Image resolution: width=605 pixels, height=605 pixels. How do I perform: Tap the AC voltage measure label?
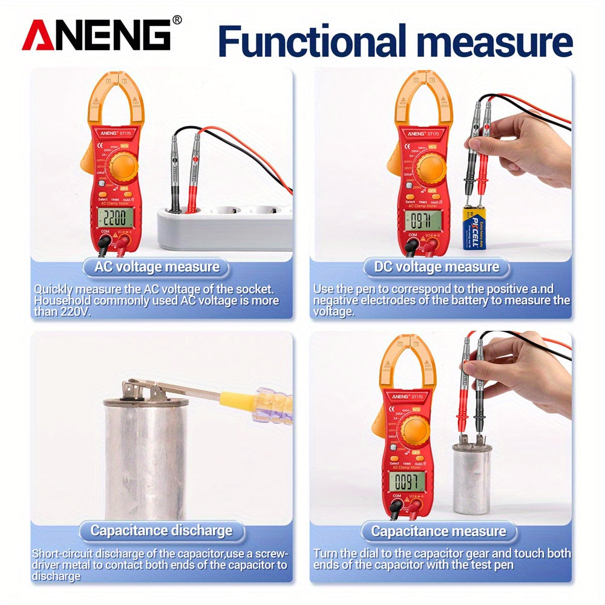(x=156, y=267)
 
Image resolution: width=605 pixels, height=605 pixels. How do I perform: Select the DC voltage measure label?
(x=436, y=267)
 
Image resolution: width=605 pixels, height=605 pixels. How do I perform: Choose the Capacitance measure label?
(x=439, y=532)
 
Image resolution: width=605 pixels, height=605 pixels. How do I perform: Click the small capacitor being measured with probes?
(x=472, y=478)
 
